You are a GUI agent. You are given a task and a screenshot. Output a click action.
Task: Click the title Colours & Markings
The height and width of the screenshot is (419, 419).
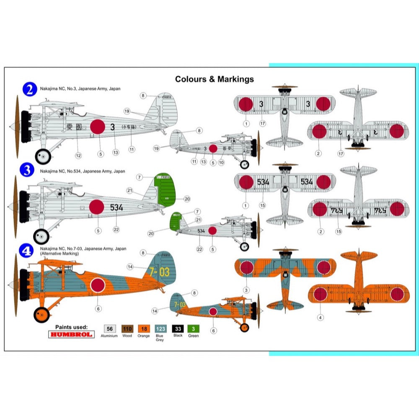214,79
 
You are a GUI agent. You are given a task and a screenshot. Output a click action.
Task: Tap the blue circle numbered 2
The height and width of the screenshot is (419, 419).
29,89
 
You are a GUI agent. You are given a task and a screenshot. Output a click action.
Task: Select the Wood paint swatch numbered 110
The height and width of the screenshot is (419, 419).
127,329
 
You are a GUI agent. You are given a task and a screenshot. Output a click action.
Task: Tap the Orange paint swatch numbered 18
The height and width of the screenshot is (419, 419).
144,329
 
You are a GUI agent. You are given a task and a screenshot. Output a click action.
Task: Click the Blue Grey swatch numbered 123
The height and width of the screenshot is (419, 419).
160,329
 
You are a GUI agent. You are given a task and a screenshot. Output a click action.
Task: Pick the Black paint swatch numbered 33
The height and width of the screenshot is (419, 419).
178,329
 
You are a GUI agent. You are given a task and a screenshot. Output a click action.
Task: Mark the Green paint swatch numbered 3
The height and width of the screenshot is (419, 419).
194,329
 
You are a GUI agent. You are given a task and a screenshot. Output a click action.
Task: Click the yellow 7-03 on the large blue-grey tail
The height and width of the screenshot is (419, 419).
160,272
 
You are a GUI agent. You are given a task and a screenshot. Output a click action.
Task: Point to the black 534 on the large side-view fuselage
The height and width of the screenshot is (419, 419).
116,207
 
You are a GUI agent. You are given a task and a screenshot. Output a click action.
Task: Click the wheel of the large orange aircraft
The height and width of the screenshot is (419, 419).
41,313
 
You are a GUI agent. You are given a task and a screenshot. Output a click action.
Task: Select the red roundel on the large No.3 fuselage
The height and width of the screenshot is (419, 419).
97,127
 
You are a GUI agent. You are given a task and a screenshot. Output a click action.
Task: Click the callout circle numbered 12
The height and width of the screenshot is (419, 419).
78,155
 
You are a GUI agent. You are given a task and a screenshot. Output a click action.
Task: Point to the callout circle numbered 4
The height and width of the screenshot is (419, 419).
321,317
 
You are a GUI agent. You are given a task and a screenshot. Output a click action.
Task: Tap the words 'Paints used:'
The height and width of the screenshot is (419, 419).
71,326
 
